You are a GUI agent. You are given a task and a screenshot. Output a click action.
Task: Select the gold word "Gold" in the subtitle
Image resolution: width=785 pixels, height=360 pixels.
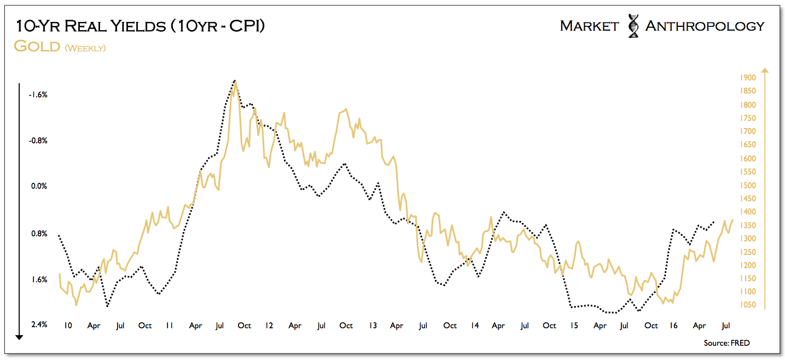click(x=37, y=46)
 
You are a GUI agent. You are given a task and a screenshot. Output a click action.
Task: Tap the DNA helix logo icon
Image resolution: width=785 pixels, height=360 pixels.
click(x=633, y=26)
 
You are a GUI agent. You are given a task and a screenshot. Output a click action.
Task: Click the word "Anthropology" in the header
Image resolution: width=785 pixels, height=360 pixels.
click(x=705, y=26)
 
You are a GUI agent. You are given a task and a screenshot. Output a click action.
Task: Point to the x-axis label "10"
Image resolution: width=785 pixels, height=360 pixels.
click(x=68, y=326)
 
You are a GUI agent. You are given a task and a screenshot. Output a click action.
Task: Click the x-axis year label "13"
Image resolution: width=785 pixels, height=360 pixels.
click(x=372, y=326)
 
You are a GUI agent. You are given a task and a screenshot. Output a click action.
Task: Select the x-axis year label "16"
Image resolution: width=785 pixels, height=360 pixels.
click(x=673, y=326)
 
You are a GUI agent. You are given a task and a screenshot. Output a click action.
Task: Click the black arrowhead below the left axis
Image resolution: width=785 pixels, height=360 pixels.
click(x=19, y=336)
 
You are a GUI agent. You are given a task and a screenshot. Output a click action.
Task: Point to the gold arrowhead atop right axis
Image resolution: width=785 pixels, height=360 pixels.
click(x=765, y=70)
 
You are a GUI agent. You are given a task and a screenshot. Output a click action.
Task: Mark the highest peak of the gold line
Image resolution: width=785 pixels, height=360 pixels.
click(x=235, y=81)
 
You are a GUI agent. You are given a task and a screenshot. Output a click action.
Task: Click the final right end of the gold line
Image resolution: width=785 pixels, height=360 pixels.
click(x=732, y=220)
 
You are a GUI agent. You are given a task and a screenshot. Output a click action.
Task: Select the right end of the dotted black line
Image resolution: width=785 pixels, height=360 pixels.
click(x=714, y=222)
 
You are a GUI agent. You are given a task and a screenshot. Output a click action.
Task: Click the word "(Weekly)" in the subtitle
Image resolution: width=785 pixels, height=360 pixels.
click(x=85, y=48)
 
